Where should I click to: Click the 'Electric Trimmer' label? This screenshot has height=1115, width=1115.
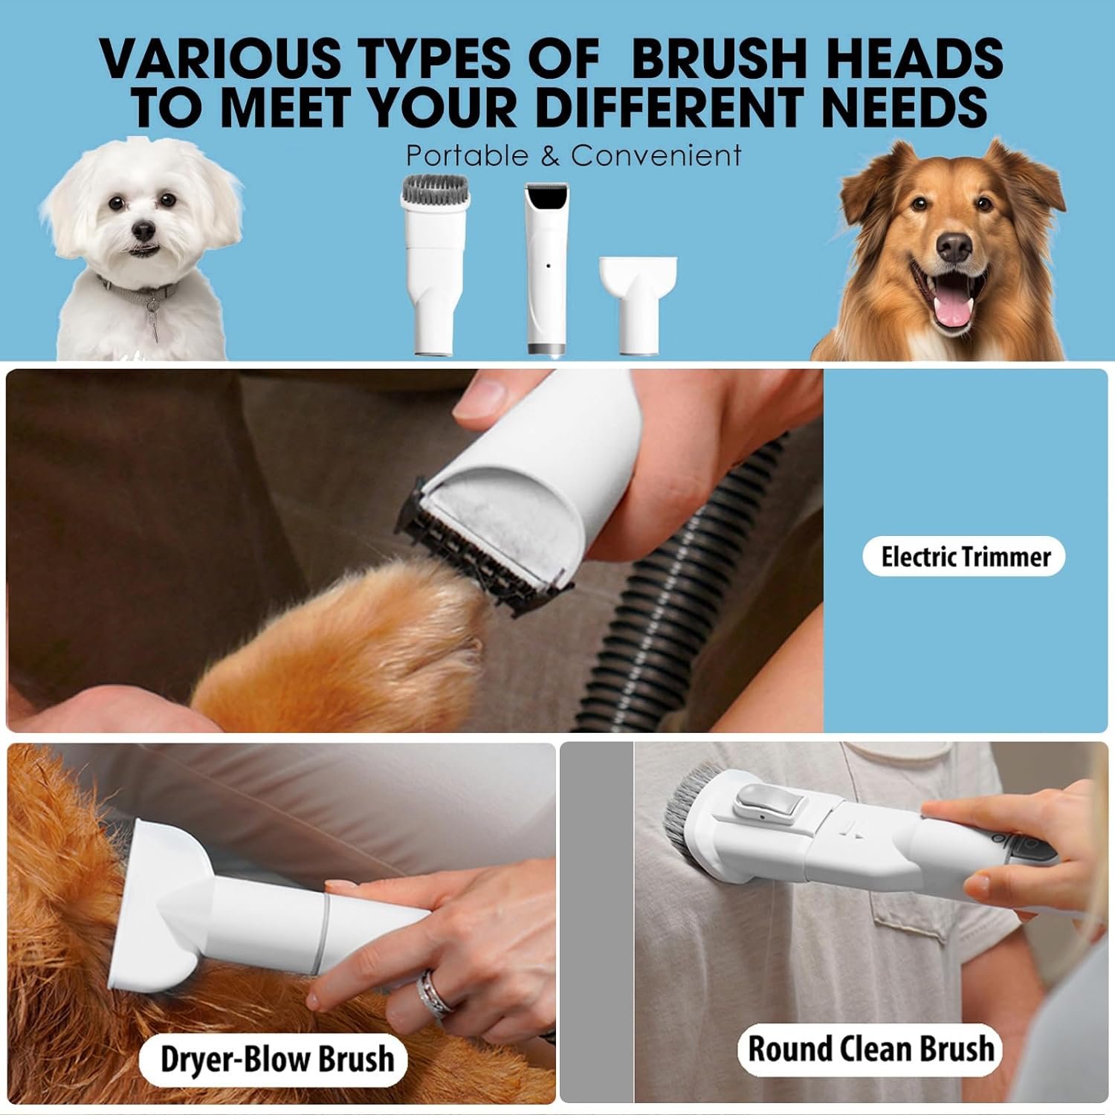point(965,557)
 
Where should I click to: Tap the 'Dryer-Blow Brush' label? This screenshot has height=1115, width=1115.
point(277,1059)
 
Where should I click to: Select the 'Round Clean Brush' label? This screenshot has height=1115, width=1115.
point(870,1048)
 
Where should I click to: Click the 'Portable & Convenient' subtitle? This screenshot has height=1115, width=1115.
point(574,155)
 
